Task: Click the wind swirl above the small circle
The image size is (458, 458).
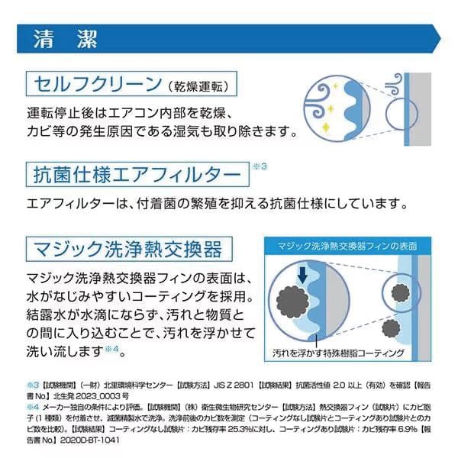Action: pyautogui.click(x=393, y=83)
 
